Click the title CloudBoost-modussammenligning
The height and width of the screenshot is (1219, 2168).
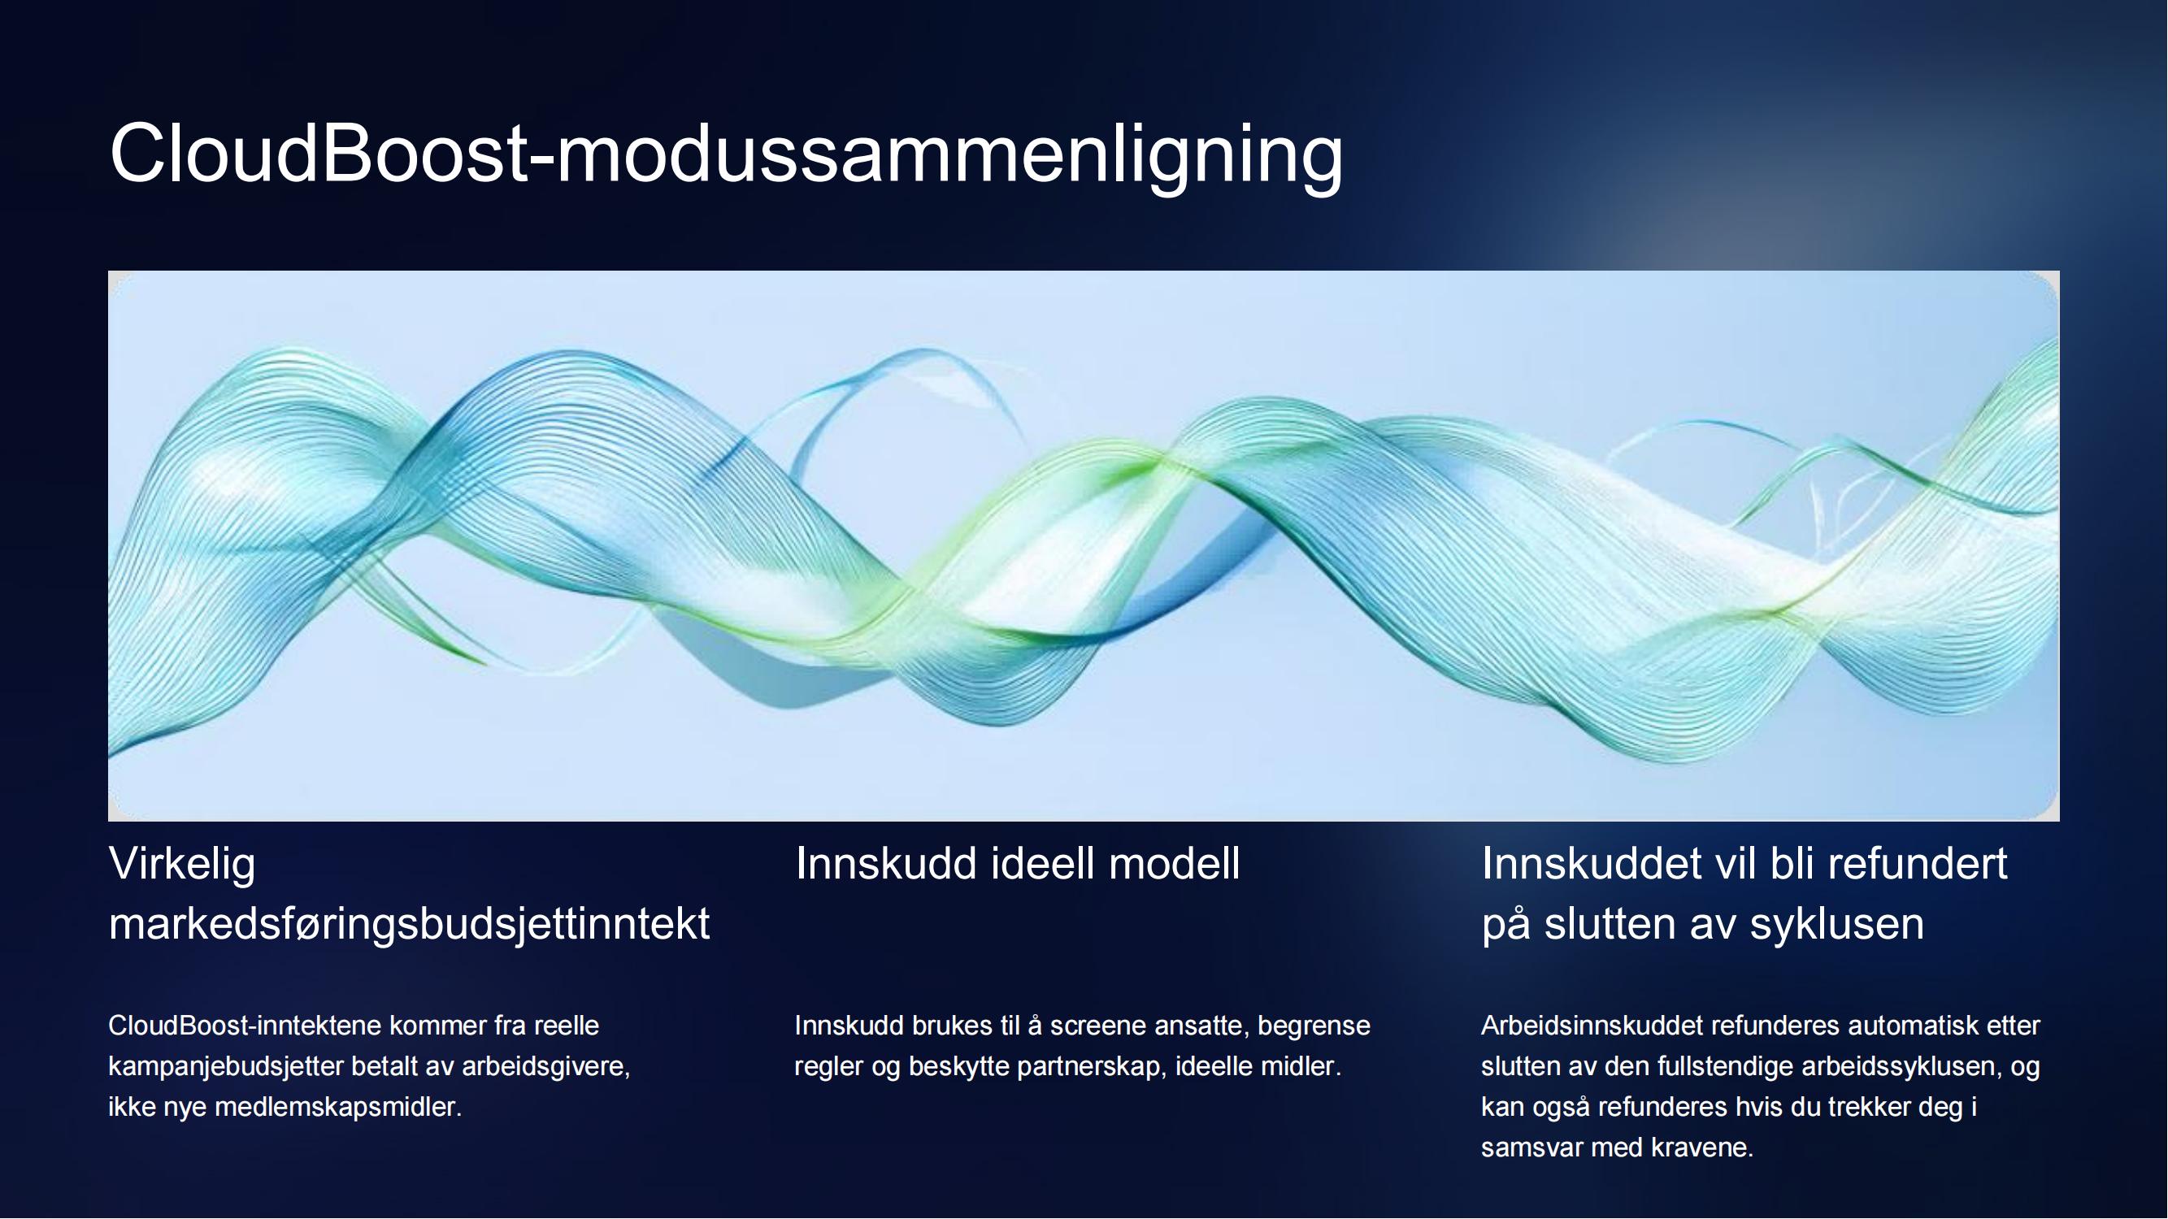click(x=726, y=154)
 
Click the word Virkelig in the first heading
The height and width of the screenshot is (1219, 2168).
click(x=182, y=865)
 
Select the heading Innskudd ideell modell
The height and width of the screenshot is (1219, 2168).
click(x=1018, y=864)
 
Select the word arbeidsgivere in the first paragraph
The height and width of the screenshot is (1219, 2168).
click(x=545, y=1068)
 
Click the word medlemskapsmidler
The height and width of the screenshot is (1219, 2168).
click(x=338, y=1107)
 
